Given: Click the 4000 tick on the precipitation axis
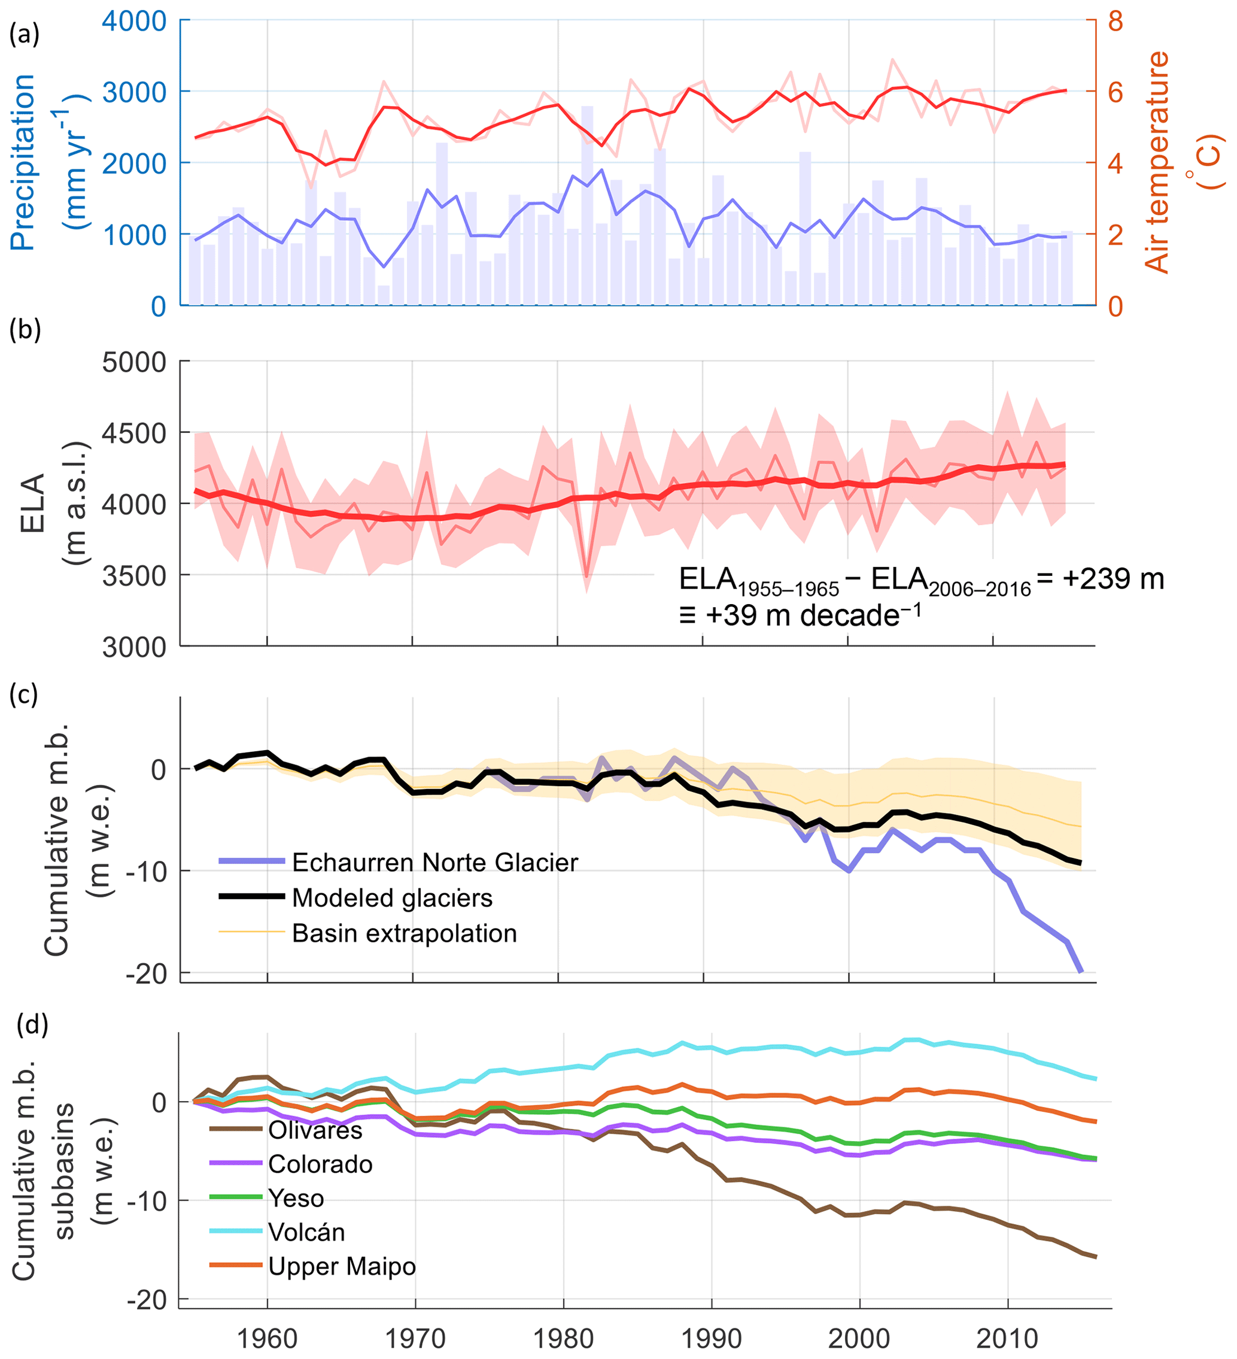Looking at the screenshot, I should tap(134, 21).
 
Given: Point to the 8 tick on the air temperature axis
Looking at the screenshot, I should tap(1116, 21).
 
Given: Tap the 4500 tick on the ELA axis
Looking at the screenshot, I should tap(134, 433).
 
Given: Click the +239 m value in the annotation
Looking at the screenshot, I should tap(1113, 579).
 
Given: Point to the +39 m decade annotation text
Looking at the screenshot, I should tap(800, 615).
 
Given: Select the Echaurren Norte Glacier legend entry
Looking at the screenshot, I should tap(434, 862).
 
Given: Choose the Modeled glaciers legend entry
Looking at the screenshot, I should tap(392, 898).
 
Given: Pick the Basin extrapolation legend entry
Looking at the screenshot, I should tap(404, 933).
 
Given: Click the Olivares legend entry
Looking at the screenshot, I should tap(315, 1130).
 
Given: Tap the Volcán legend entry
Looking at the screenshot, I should tap(306, 1232).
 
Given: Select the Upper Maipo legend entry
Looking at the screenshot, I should tap(342, 1267).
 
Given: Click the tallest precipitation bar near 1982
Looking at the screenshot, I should tap(588, 202).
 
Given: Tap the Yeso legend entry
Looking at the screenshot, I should tap(296, 1199).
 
